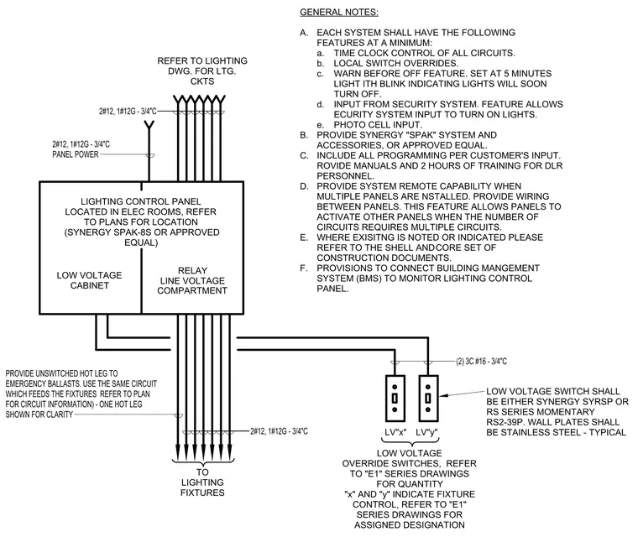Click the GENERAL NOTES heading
point(339,13)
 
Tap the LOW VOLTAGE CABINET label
point(89,280)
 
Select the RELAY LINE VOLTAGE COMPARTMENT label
point(192,280)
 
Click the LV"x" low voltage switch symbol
point(395,399)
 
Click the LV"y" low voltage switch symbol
point(428,399)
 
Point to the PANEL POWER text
point(76,154)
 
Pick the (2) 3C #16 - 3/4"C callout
point(481,362)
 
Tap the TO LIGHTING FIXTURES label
point(202,482)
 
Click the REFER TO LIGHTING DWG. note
point(202,70)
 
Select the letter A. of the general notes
point(304,33)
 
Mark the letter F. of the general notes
point(304,268)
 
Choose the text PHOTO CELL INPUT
point(378,125)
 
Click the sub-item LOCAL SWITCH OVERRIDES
point(396,64)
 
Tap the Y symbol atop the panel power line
point(149,124)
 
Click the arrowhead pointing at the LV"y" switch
point(443,395)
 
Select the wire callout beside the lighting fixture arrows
point(279,431)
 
